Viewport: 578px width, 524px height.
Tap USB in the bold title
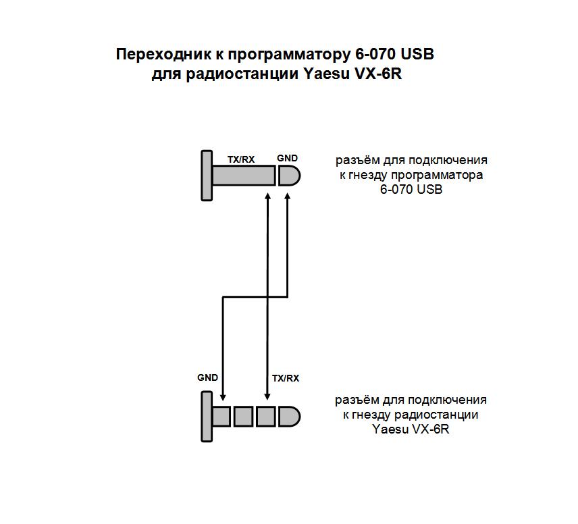pyautogui.click(x=417, y=54)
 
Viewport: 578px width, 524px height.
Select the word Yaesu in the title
pyautogui.click(x=326, y=74)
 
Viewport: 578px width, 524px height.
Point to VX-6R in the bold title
pyautogui.click(x=378, y=74)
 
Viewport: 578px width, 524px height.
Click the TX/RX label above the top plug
pyautogui.click(x=241, y=159)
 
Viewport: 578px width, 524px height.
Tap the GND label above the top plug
pyautogui.click(x=287, y=158)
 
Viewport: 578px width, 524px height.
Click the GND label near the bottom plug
pyautogui.click(x=207, y=377)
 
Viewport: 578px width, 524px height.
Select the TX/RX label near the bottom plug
pyautogui.click(x=286, y=378)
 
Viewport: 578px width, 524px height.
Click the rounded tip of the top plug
pyautogui.click(x=290, y=176)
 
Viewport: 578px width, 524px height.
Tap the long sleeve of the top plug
pyautogui.click(x=244, y=176)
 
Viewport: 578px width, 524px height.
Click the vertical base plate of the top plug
pyautogui.click(x=207, y=176)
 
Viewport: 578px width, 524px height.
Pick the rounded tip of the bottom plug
pyautogui.click(x=290, y=417)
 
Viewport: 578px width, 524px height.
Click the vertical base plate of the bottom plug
pyautogui.click(x=207, y=417)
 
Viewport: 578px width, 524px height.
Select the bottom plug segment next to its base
pyautogui.click(x=221, y=417)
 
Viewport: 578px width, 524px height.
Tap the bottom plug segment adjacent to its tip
pyautogui.click(x=266, y=417)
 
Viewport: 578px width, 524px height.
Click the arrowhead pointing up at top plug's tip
pyautogui.click(x=288, y=196)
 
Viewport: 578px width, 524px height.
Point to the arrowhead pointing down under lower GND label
pyautogui.click(x=222, y=396)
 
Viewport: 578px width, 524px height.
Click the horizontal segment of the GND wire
pyautogui.click(x=255, y=297)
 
